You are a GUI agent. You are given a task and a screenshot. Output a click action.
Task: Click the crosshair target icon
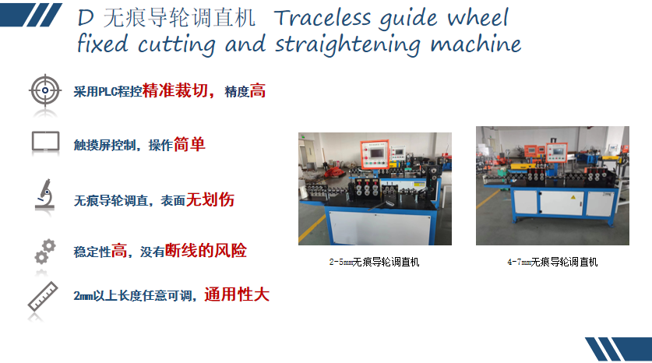click(45, 90)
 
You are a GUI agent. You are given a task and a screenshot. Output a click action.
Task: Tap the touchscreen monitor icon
click(45, 141)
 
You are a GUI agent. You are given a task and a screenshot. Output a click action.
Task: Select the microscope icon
click(45, 194)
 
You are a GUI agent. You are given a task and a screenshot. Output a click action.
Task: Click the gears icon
click(45, 251)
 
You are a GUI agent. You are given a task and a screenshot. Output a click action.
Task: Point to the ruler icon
click(43, 296)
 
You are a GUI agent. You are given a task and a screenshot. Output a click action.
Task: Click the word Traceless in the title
click(322, 18)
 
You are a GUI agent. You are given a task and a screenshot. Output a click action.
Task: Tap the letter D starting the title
click(86, 18)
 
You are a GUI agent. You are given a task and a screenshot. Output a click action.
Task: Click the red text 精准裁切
click(175, 90)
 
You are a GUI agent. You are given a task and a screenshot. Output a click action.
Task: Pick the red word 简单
click(189, 144)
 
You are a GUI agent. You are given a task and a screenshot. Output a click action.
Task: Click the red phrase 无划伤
click(210, 199)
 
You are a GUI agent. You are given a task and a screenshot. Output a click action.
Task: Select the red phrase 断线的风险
click(206, 250)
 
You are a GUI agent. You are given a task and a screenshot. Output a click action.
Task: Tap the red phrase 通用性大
click(237, 294)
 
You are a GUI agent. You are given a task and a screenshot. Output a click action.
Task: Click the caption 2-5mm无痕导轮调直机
click(374, 262)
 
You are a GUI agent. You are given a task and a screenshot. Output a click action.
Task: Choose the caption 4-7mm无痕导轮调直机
click(552, 262)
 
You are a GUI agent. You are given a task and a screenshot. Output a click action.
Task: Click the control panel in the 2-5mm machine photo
click(375, 154)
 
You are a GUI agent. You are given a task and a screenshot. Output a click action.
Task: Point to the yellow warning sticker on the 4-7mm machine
click(573, 197)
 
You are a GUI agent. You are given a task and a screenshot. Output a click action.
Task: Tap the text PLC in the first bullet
click(107, 91)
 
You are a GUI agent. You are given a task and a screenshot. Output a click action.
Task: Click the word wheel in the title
click(478, 18)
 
